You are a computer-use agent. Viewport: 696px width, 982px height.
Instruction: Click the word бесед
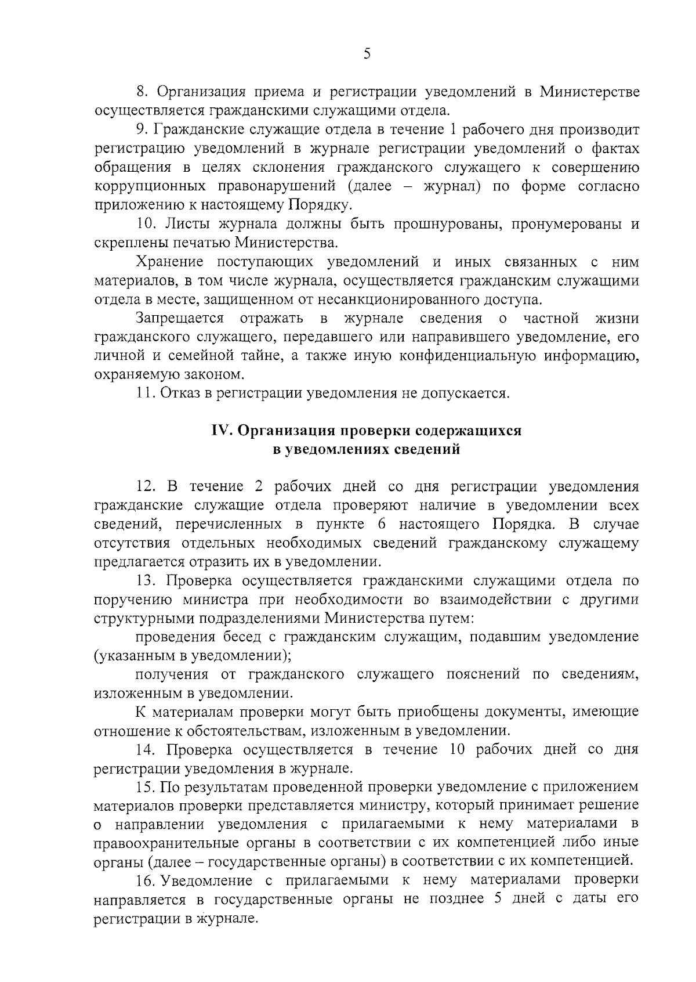click(243, 637)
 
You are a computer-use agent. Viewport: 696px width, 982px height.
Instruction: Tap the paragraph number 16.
click(145, 880)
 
